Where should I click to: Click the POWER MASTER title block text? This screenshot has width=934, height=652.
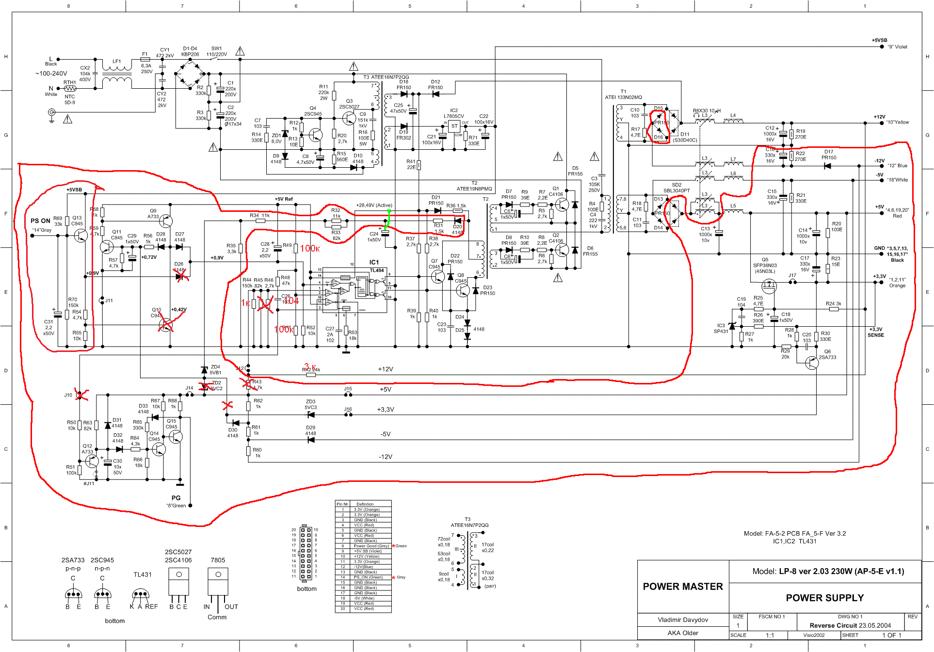tap(682, 587)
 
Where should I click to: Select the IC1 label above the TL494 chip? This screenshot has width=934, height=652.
tap(374, 262)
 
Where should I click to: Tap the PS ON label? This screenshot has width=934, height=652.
tap(40, 221)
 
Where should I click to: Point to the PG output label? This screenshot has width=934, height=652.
tap(176, 498)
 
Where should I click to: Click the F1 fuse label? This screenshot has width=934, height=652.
tap(145, 54)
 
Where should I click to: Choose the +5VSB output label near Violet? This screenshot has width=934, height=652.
tap(879, 41)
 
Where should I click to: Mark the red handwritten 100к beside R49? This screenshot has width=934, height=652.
tap(309, 249)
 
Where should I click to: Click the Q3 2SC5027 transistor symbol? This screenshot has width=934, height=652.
tap(349, 118)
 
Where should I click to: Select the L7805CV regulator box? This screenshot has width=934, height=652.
tap(454, 126)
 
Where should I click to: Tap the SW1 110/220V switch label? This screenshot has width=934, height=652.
tap(216, 51)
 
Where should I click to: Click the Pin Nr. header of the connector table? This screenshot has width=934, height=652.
tap(342, 504)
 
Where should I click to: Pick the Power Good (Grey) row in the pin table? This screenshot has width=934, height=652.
tap(371, 546)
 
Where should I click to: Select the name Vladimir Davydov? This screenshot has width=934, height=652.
tap(683, 620)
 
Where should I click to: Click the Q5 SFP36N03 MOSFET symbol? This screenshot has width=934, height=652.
tap(769, 286)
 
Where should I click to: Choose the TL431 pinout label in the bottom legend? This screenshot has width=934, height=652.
tap(143, 574)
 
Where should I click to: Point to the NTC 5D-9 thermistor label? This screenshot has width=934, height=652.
tap(70, 99)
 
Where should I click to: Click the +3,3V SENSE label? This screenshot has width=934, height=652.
tap(875, 332)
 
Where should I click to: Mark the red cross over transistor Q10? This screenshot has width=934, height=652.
tap(166, 324)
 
